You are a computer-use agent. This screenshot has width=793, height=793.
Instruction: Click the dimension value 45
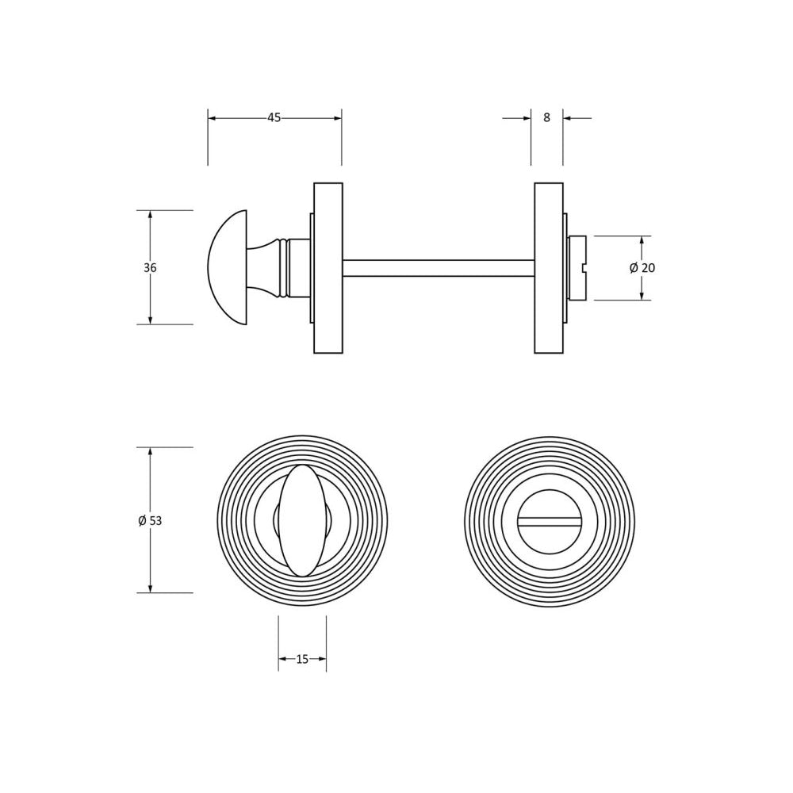pyautogui.click(x=274, y=118)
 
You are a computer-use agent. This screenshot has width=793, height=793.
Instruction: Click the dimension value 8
pyautogui.click(x=546, y=118)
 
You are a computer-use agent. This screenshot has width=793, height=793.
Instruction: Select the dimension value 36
pyautogui.click(x=150, y=267)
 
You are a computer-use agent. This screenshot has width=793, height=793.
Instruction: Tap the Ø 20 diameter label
pyautogui.click(x=642, y=268)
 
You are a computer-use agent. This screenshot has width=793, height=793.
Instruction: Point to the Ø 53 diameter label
pyautogui.click(x=150, y=520)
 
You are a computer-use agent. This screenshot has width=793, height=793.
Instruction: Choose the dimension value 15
pyautogui.click(x=302, y=659)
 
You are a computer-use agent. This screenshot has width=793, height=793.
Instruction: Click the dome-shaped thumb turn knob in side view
pyautogui.click(x=228, y=267)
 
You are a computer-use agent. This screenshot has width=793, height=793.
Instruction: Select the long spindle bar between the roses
pyautogui.click(x=439, y=267)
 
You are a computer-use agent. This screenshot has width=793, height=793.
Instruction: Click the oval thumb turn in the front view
pyautogui.click(x=302, y=521)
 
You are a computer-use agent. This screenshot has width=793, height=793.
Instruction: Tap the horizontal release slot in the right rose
pyautogui.click(x=550, y=521)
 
